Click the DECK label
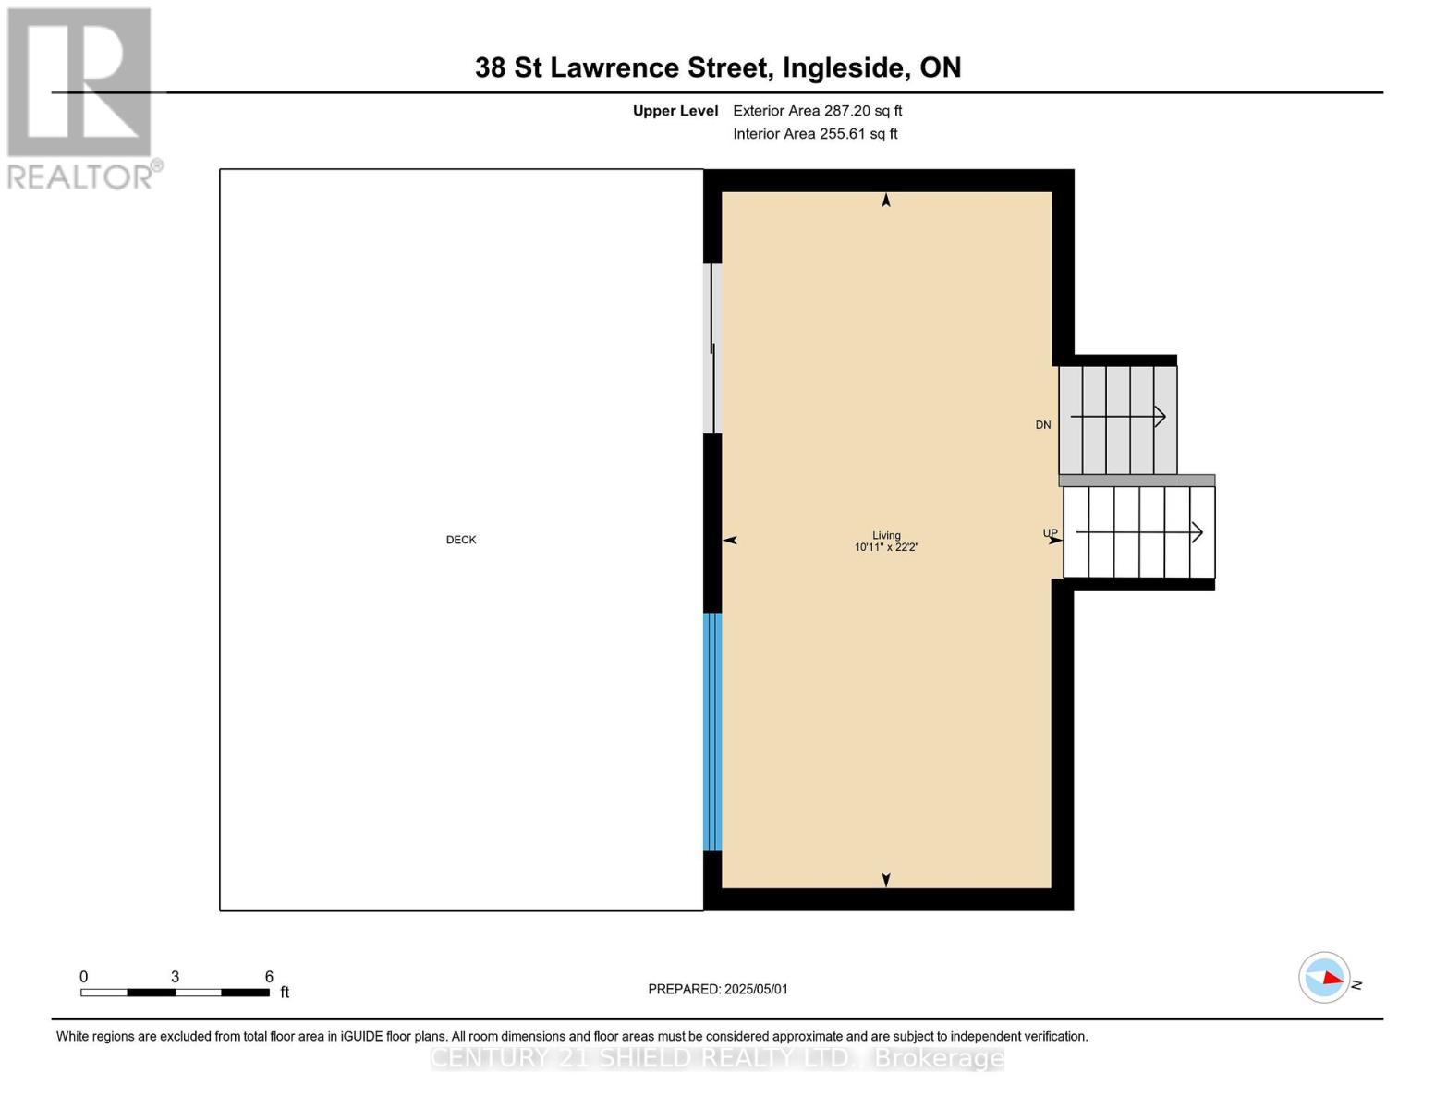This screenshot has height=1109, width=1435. click(x=460, y=540)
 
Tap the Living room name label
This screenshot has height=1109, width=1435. click(x=885, y=535)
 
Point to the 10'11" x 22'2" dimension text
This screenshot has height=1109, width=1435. click(x=886, y=547)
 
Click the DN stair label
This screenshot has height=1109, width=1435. click(x=1042, y=425)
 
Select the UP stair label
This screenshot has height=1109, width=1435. click(x=1050, y=532)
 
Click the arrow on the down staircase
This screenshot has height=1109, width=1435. click(x=1117, y=417)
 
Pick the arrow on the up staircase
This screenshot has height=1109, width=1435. click(x=1139, y=532)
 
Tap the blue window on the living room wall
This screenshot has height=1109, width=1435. click(x=711, y=732)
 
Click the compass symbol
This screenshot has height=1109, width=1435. click(x=1324, y=978)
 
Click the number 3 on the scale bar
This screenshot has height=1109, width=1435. click(x=175, y=976)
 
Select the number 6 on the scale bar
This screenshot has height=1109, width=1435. click(x=269, y=976)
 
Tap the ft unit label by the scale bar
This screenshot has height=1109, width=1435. click(x=285, y=992)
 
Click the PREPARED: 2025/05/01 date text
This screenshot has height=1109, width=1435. click(x=718, y=989)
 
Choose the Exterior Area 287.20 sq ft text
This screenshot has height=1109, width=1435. click(x=817, y=111)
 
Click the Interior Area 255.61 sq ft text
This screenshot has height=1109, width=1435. click(x=815, y=134)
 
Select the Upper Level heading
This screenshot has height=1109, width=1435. click(x=675, y=111)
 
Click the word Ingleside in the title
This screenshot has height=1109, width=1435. click(x=843, y=67)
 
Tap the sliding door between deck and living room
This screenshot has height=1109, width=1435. click(x=711, y=348)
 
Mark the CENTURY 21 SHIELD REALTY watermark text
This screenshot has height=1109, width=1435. click(x=717, y=1058)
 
